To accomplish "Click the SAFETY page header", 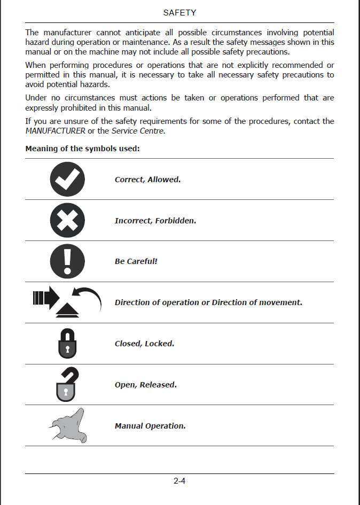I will click(179, 12).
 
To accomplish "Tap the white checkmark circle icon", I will click(67, 179).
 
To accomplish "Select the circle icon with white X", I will click(67, 220).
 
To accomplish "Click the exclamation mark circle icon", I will click(67, 261).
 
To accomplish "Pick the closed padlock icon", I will click(67, 344).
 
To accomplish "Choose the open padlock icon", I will click(67, 384).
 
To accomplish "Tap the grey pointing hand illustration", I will click(69, 425).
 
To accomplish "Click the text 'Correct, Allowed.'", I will click(147, 180).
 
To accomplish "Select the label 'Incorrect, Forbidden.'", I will click(155, 221).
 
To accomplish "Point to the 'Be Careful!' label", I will click(136, 262).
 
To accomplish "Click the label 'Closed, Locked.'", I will click(144, 344).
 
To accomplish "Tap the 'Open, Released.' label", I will click(145, 385).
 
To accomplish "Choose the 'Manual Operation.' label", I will click(150, 426).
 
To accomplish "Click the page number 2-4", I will click(179, 481).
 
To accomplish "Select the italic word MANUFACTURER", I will click(55, 131).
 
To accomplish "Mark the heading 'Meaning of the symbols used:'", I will click(82, 149).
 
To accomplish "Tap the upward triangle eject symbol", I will click(67, 311).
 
